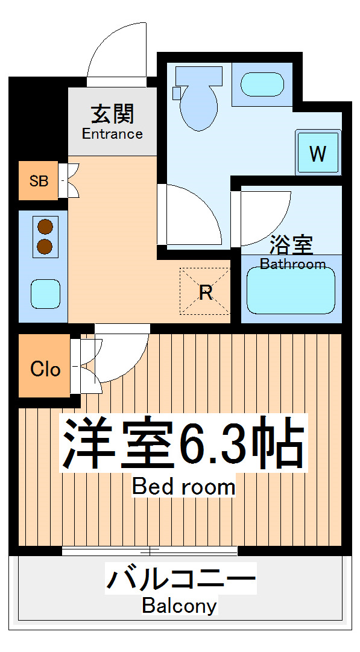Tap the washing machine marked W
click(317, 153)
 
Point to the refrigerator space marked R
click(205, 293)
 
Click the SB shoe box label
click(39, 180)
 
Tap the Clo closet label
click(45, 368)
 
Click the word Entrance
click(113, 134)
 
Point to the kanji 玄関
click(113, 114)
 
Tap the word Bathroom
click(292, 264)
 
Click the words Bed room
click(183, 486)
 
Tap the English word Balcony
click(179, 605)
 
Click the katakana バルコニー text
click(181, 579)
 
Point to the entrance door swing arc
click(115, 51)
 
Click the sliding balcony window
click(150, 551)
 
